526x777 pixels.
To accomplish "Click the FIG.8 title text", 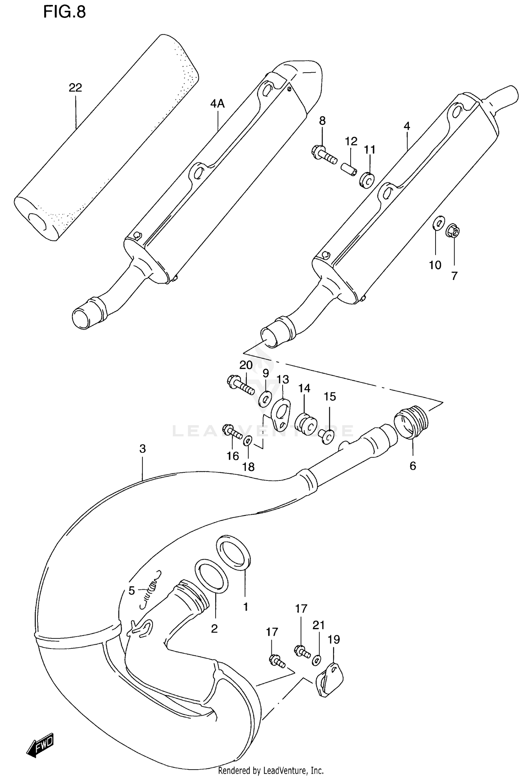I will [64, 12].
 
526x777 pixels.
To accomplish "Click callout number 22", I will [75, 87].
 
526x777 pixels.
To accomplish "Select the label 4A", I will [217, 104].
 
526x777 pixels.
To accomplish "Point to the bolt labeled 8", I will [323, 155].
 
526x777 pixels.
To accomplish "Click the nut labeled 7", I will [453, 231].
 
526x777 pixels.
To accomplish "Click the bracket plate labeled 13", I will [282, 414].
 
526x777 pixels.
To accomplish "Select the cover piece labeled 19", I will [330, 679].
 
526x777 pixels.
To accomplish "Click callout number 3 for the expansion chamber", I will [142, 449].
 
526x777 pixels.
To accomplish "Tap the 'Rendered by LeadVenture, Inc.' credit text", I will [270, 770].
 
